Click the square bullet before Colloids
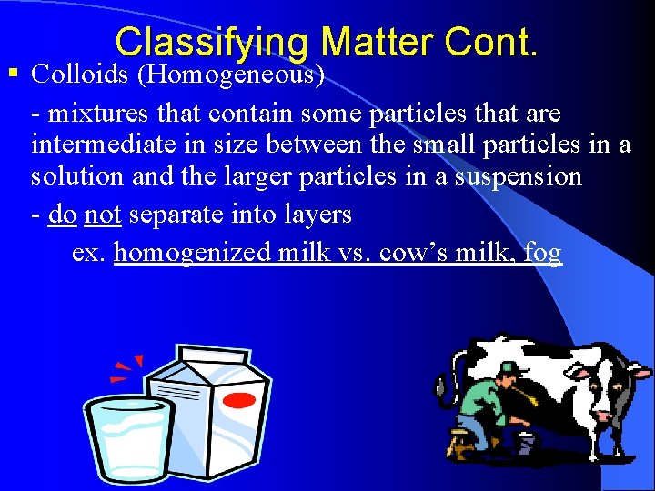(12, 73)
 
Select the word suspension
(514, 175)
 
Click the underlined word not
(103, 215)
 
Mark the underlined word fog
(542, 253)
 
